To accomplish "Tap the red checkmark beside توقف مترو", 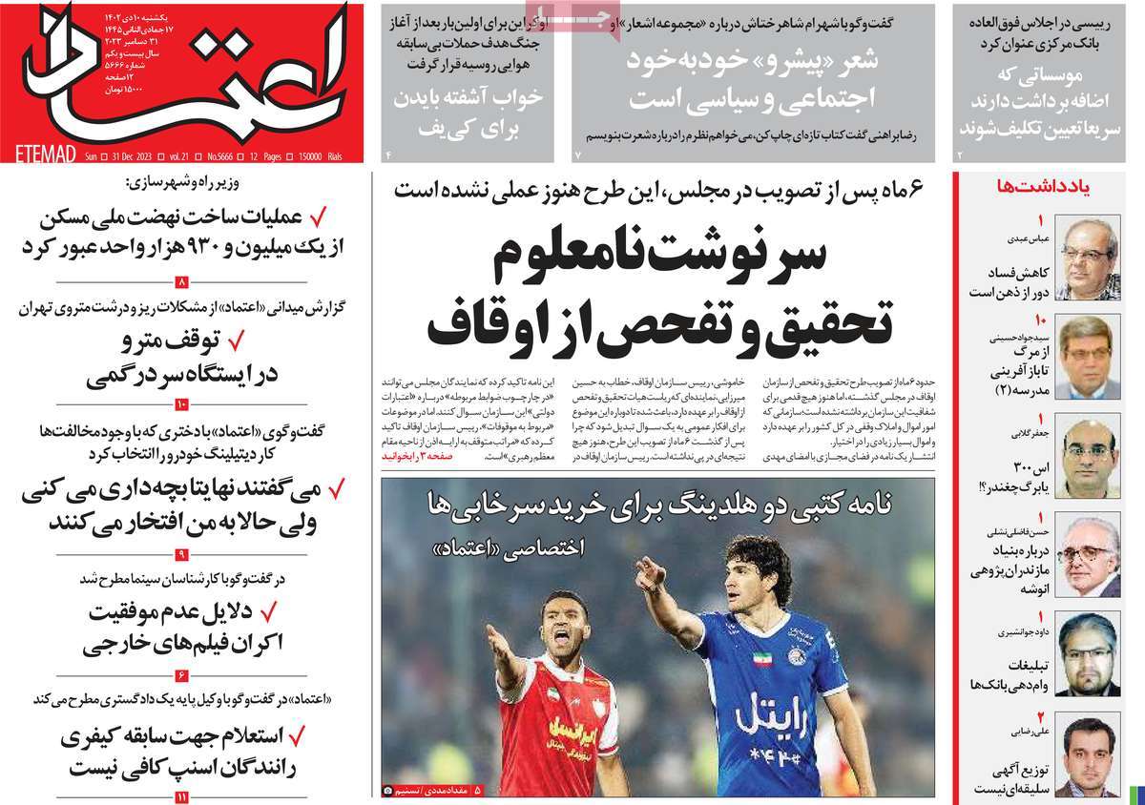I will click(239, 340).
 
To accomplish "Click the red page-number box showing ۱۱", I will click(181, 796).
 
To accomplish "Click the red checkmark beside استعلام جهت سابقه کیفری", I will click(297, 736).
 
